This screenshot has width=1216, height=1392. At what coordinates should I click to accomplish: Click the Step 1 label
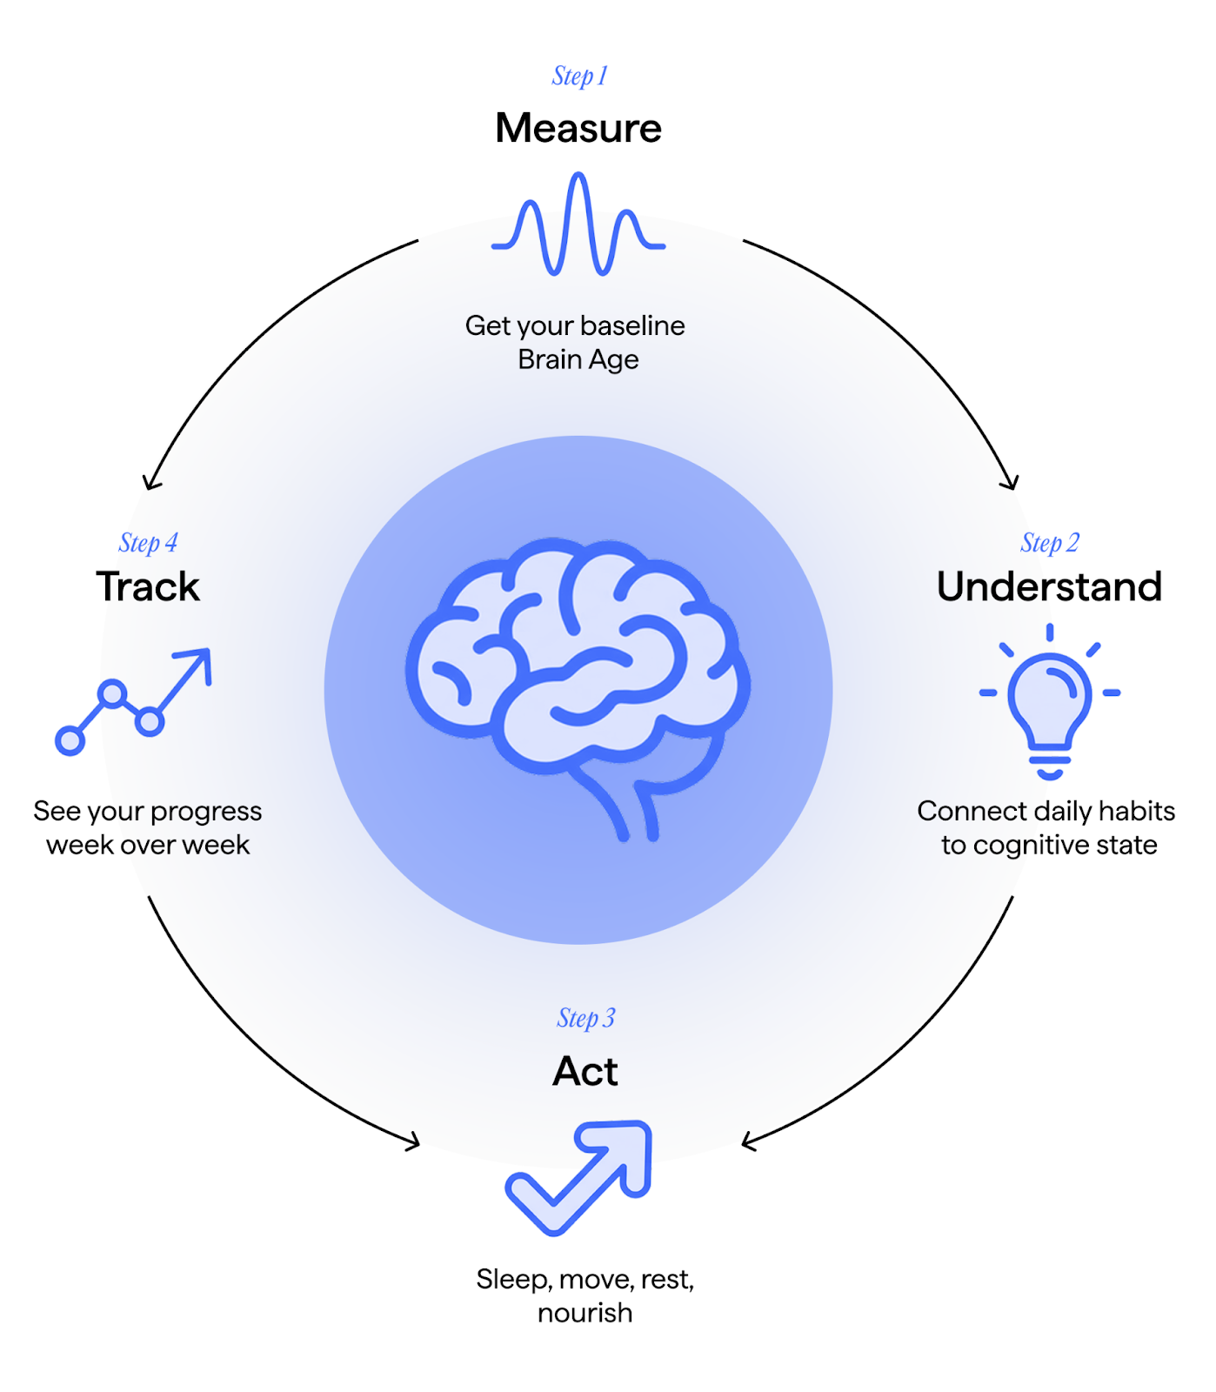coord(579,77)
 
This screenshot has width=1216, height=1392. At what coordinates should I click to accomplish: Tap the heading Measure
coord(578,128)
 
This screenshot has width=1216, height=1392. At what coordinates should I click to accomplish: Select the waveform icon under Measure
coord(578,224)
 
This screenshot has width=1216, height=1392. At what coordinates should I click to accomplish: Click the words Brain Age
coord(578,359)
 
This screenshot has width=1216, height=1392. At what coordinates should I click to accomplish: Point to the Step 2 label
coord(1049,544)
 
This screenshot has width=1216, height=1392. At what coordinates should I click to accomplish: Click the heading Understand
coord(1049,587)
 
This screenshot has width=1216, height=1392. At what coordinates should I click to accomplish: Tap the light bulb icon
coord(1050,700)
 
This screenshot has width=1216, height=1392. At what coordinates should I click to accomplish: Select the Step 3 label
coord(585,1019)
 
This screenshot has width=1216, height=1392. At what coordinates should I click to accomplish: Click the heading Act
coord(585,1071)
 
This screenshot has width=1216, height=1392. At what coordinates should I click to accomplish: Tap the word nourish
coord(585,1313)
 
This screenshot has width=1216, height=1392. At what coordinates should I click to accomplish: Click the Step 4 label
coord(148,544)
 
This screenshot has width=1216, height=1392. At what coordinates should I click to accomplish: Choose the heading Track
coord(148,587)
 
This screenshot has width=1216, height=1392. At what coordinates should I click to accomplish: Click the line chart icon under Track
coord(133,700)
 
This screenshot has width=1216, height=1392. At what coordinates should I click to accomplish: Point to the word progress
coord(206,812)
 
